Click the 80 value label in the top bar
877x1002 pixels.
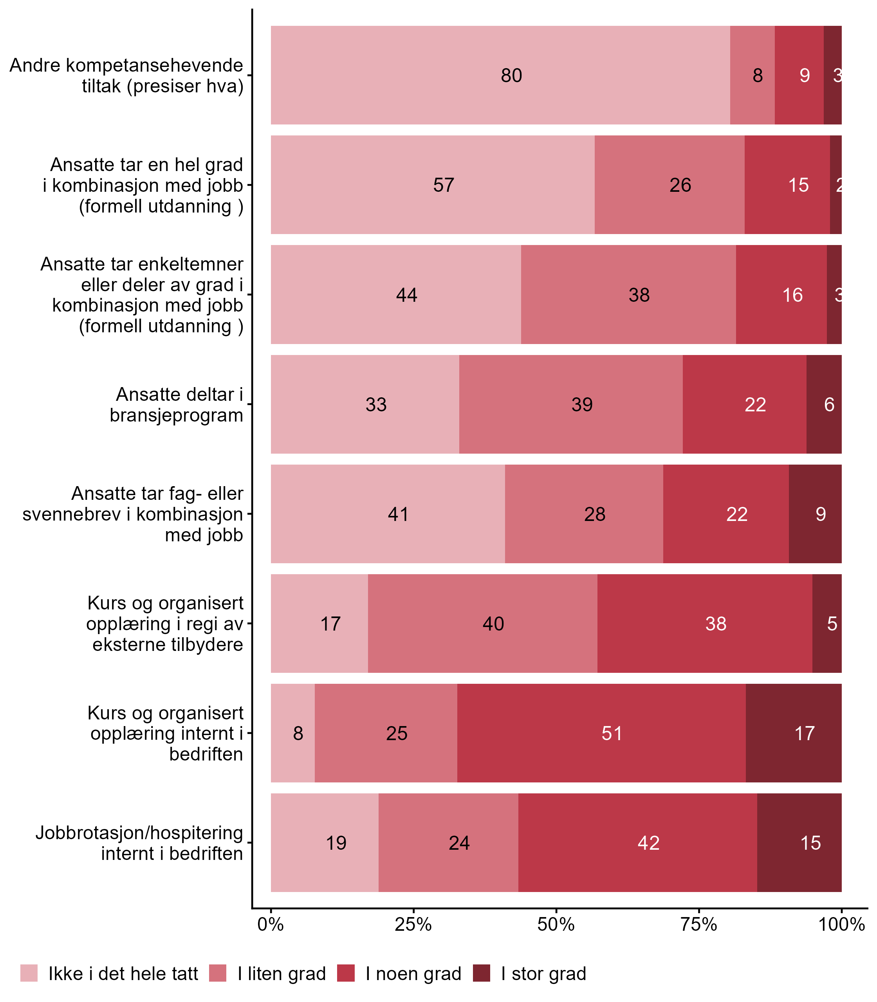point(511,75)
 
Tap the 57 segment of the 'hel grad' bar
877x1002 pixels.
point(443,185)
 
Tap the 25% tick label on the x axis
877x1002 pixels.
point(413,924)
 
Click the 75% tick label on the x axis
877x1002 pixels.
point(699,924)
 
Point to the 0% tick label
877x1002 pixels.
point(271,924)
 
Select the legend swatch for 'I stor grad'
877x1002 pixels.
point(482,973)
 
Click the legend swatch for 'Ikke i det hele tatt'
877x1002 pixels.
point(29,973)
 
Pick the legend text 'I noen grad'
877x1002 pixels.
point(413,974)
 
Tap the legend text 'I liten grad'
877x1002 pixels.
point(282,974)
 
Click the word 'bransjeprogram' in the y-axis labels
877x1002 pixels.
point(176,415)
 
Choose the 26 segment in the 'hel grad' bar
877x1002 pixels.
point(680,185)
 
